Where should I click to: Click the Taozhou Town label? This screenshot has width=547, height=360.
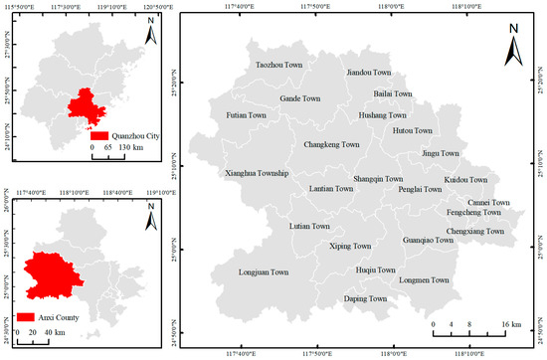(x=279, y=64)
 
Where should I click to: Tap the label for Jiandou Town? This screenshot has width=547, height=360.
(x=369, y=73)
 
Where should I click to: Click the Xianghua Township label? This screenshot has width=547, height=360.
(x=258, y=173)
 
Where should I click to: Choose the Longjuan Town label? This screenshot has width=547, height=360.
(x=264, y=271)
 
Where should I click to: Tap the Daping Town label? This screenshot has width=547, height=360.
(x=365, y=298)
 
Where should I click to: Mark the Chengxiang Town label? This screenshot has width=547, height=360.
(x=475, y=232)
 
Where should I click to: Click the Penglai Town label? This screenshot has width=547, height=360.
(x=420, y=188)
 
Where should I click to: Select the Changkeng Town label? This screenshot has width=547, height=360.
(x=331, y=144)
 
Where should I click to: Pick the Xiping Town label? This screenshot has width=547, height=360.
(x=349, y=246)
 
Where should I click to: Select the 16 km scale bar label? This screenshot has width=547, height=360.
(x=510, y=324)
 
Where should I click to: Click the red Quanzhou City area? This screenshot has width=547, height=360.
(x=88, y=105)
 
